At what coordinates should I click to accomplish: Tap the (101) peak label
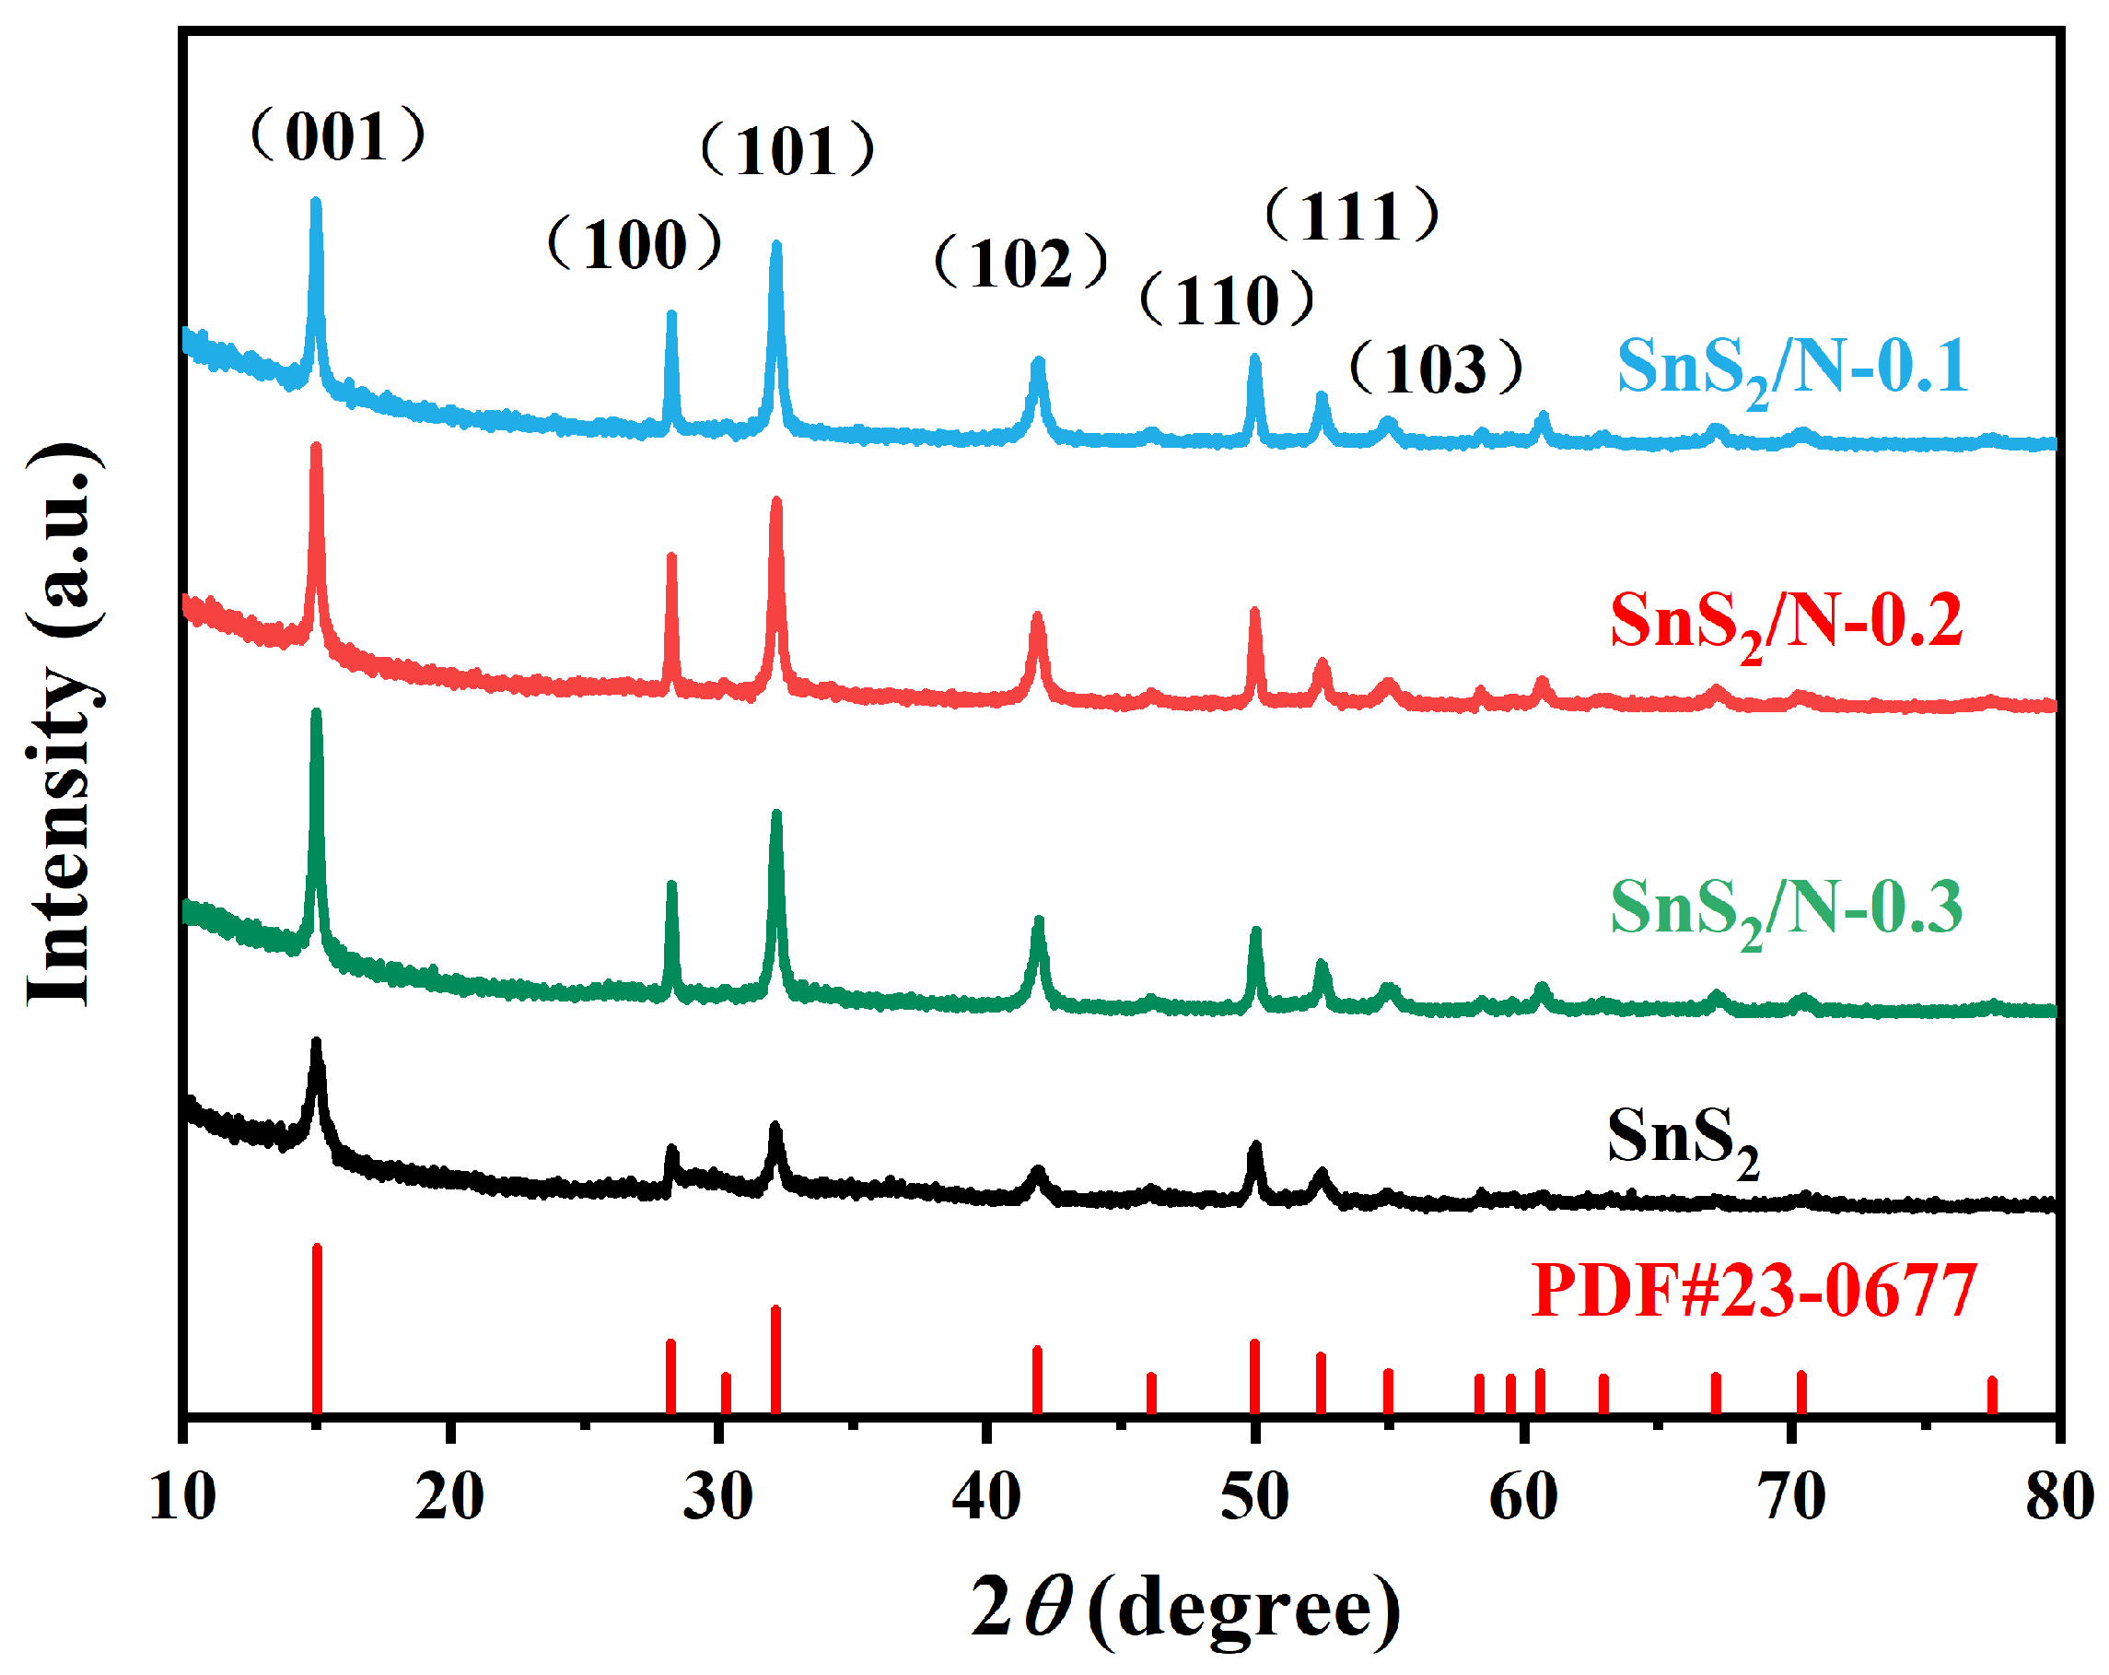(x=787, y=151)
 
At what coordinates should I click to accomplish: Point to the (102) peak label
(x=1021, y=264)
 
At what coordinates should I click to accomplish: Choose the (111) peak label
(x=1353, y=216)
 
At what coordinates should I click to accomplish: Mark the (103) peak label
(x=1436, y=369)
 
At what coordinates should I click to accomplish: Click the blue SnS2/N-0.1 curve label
(x=1791, y=369)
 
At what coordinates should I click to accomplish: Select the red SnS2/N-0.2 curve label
(x=1786, y=623)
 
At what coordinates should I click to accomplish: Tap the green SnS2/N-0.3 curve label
(x=1786, y=909)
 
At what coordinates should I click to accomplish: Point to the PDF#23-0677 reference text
(x=1754, y=1292)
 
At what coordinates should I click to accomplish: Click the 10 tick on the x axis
(x=183, y=1497)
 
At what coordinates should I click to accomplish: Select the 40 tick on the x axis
(x=987, y=1497)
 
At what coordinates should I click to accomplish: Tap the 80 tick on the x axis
(x=2059, y=1497)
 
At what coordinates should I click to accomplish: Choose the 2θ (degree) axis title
(x=1185, y=1608)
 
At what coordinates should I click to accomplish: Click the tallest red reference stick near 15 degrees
(x=317, y=1330)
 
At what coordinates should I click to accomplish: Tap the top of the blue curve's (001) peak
(x=316, y=204)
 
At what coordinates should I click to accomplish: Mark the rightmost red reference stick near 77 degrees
(x=1992, y=1395)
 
